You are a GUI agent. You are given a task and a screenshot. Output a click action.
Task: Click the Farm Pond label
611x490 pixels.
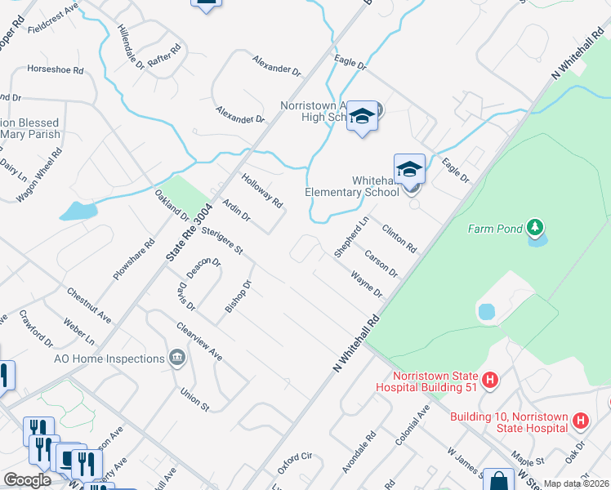[494, 229]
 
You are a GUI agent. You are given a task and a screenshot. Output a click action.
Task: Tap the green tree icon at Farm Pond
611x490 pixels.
[535, 225]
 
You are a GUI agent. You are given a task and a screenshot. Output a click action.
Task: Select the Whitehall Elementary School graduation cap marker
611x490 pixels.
[409, 170]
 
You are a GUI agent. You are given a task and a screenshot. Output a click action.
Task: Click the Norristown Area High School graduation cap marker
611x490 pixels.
[362, 117]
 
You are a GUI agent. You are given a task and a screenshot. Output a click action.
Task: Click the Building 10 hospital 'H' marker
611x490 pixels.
[580, 421]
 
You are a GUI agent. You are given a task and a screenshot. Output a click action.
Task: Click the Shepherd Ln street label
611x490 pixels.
[352, 238]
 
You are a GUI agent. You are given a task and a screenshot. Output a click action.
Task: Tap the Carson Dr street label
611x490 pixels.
[381, 263]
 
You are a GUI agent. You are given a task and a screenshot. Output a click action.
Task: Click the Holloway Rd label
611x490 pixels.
[262, 190]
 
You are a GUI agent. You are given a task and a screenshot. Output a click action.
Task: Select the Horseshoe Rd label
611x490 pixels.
[56, 70]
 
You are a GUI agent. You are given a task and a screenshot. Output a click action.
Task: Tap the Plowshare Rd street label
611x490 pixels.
[134, 260]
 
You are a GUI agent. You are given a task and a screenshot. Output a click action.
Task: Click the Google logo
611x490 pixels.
[27, 480]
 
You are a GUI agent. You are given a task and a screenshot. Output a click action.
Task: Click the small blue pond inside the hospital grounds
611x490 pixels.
[485, 311]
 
